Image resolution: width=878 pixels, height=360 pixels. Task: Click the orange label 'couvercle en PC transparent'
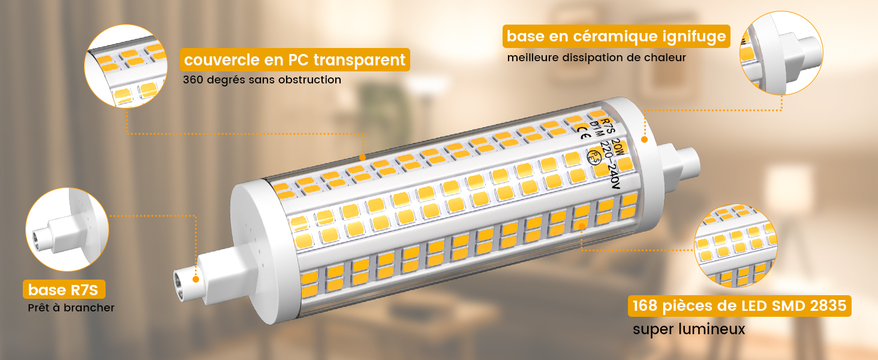[x=294, y=60]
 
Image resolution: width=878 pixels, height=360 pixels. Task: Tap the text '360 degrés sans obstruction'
[x=262, y=80]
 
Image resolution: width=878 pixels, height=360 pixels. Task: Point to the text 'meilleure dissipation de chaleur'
[x=596, y=58]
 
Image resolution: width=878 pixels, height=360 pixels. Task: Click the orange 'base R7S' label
[x=63, y=290]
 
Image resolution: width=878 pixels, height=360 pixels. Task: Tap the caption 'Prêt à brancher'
[x=71, y=308]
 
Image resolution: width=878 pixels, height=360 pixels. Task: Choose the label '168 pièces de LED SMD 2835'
[x=739, y=307]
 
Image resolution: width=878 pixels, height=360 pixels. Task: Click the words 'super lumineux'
[x=689, y=329]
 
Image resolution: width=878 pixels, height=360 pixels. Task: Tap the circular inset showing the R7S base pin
[x=67, y=229]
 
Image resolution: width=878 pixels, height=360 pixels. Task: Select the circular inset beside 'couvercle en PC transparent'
[x=126, y=65]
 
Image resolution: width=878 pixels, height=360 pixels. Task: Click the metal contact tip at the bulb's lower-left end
[x=181, y=281]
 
